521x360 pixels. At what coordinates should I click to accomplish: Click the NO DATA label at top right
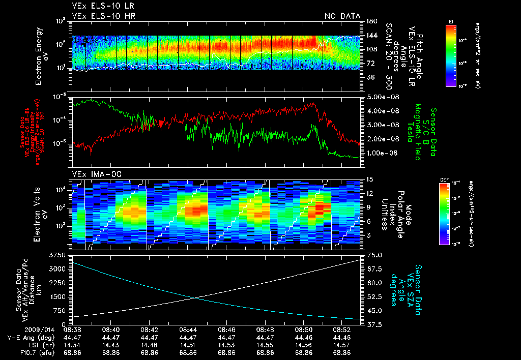pos(342,16)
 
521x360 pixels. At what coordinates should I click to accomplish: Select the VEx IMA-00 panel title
pos(93,174)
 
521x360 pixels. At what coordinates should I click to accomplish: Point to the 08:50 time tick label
pos(304,329)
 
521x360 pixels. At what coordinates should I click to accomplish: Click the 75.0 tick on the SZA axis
pos(375,255)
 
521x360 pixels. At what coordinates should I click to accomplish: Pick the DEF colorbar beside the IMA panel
pos(444,214)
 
